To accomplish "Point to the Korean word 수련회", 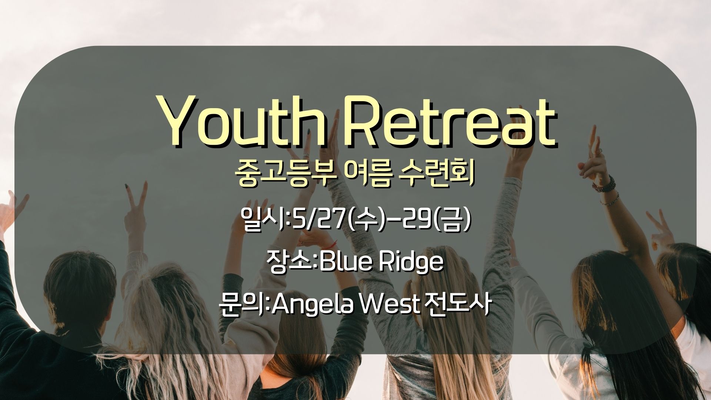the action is click(438, 176).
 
